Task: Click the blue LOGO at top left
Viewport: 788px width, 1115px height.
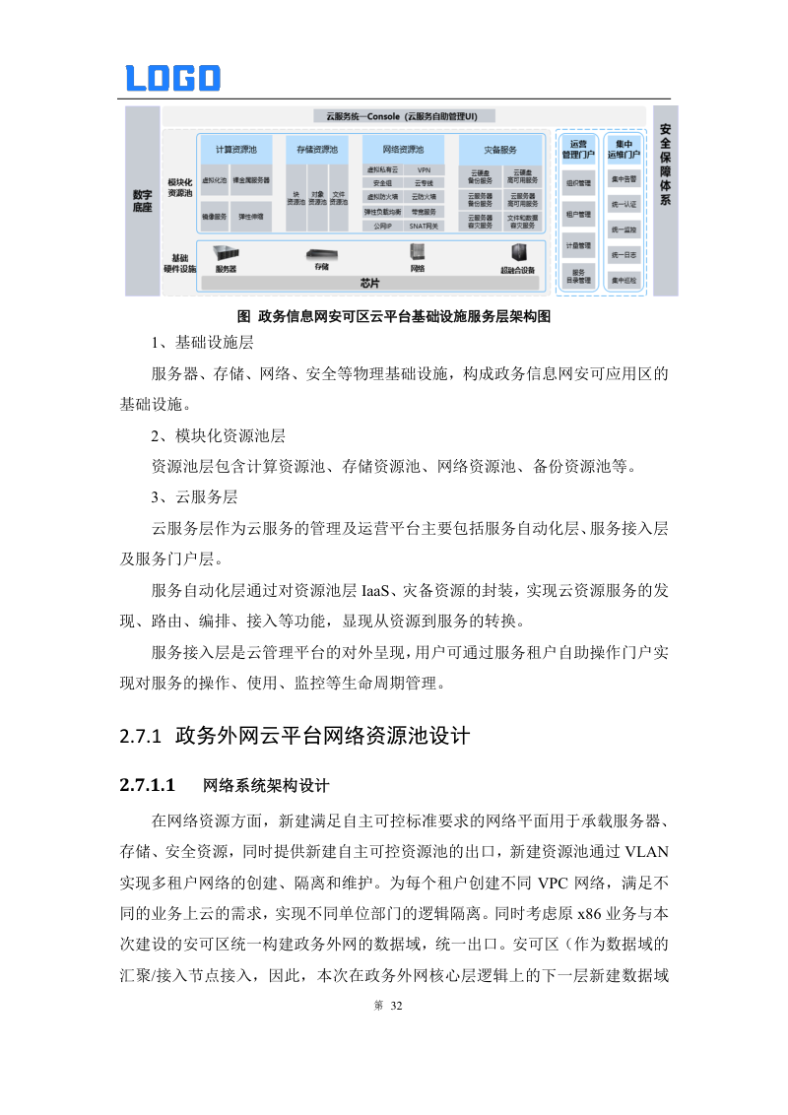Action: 172,78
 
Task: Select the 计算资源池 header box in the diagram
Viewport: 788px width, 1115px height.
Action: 235,150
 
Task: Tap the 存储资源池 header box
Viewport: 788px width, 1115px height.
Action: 316,150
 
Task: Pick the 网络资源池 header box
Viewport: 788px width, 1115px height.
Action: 402,150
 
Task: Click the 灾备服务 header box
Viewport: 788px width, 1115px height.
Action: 500,150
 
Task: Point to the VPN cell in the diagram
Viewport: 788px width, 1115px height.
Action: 424,170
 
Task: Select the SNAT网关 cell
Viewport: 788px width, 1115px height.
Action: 424,226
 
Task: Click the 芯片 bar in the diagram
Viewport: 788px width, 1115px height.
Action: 369,283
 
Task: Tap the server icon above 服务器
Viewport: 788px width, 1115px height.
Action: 226,252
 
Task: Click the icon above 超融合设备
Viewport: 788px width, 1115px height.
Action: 517,252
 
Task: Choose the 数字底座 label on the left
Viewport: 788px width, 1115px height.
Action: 143,201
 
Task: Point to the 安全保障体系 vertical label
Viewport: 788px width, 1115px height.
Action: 665,164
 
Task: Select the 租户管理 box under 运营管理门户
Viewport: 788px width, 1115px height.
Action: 579,214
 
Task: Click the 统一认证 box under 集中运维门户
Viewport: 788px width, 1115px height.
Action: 624,205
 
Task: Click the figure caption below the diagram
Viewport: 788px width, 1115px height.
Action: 394,317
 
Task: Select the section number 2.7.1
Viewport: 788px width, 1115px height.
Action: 140,736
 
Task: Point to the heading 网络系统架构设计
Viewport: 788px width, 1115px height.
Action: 266,786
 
